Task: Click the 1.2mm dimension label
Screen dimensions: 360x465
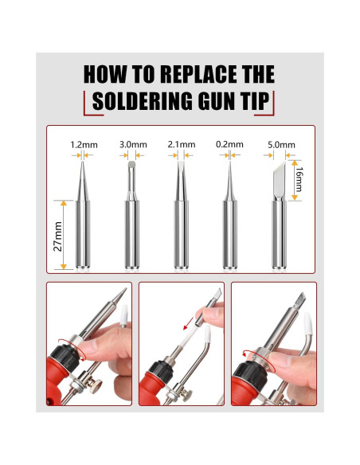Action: tap(84, 145)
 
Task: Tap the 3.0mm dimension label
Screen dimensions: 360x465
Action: tap(133, 145)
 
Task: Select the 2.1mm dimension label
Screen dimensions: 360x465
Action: tap(182, 145)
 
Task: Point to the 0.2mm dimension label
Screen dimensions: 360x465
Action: tap(229, 145)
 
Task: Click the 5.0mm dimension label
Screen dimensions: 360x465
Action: tap(281, 145)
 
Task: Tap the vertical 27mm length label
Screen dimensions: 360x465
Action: tap(58, 236)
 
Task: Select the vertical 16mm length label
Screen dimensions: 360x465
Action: tap(299, 179)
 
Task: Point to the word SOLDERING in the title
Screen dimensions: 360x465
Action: tap(143, 101)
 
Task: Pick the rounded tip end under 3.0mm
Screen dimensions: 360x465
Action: tap(131, 165)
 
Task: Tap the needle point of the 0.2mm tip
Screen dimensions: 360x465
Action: tap(230, 162)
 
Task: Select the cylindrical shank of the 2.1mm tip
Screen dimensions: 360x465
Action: tap(181, 234)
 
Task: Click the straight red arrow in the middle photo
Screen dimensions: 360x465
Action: tap(188, 323)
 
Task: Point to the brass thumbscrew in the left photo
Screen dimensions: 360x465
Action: tap(96, 385)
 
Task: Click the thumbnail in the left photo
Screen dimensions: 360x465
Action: tap(88, 347)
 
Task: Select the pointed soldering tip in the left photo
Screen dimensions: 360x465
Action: tap(119, 295)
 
